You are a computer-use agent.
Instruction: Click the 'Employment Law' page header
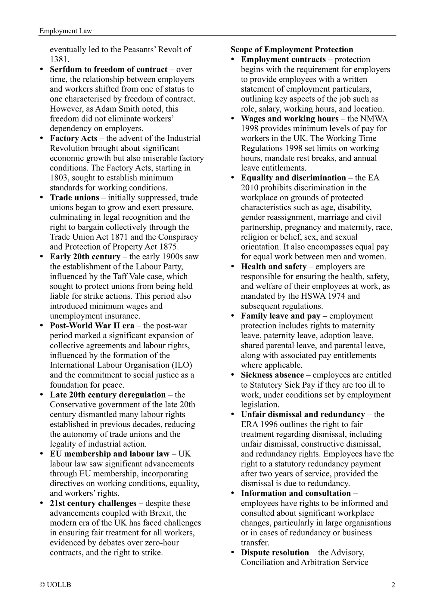pos(66,31)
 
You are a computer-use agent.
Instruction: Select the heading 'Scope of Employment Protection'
pos(292,50)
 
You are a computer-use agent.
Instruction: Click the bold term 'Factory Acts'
pos(73,138)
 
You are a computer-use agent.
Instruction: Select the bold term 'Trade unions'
pos(74,198)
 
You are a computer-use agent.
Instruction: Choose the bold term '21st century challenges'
pos(93,503)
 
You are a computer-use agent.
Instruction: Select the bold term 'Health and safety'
pos(274,267)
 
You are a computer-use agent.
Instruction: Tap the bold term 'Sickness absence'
pos(272,375)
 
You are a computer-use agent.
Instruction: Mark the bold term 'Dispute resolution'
pos(275,552)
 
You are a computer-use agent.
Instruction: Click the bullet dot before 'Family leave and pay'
pos(233,316)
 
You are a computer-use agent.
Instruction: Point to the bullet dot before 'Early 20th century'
pos(42,257)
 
